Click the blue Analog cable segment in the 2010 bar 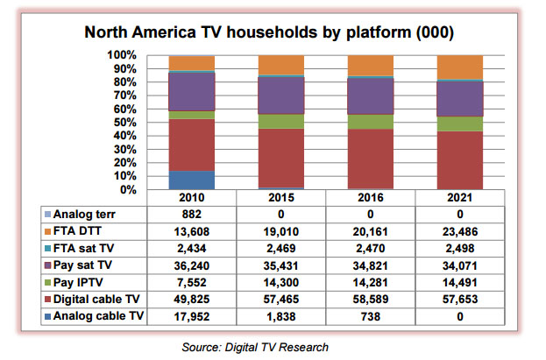tap(192, 180)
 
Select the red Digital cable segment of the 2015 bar tap(280, 158)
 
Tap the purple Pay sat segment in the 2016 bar tap(370, 95)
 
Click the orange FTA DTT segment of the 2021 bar tap(459, 67)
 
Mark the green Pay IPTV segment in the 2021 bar tap(459, 124)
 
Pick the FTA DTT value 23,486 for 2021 tap(459, 230)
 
